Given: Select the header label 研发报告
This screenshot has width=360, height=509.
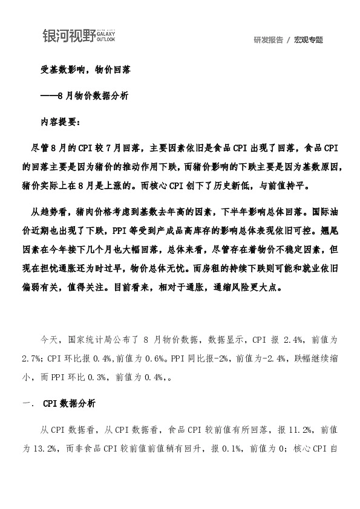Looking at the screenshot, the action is [269, 40].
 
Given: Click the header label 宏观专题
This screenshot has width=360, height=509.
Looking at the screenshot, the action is [309, 40].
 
